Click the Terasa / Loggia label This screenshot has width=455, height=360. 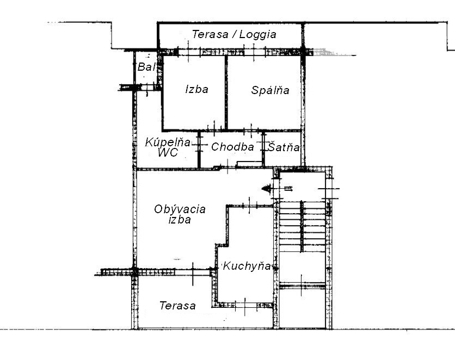pyautogui.click(x=234, y=34)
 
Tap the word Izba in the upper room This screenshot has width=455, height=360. pyautogui.click(x=196, y=89)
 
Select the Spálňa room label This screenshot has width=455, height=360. pyautogui.click(x=270, y=90)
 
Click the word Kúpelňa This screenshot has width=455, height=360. pyautogui.click(x=168, y=142)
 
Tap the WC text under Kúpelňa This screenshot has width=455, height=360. pyautogui.click(x=168, y=152)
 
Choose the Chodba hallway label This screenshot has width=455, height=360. pyautogui.click(x=232, y=147)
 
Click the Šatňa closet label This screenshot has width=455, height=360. pyautogui.click(x=284, y=147)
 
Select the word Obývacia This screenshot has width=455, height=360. pyautogui.click(x=180, y=209)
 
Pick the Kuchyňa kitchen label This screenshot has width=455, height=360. pyautogui.click(x=247, y=266)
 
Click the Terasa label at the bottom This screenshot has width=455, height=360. pyautogui.click(x=177, y=306)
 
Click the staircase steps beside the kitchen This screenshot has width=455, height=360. pyautogui.click(x=302, y=227)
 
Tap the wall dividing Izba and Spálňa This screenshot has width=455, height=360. pyautogui.click(x=226, y=92)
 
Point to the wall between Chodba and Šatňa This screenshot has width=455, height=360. pyautogui.click(x=263, y=150)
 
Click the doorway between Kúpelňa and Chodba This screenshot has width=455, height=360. pyautogui.click(x=199, y=144)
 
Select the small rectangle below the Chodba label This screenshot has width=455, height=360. pyautogui.click(x=250, y=164)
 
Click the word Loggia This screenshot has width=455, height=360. pyautogui.click(x=257, y=34)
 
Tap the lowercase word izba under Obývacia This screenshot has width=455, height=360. pyautogui.click(x=180, y=219)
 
